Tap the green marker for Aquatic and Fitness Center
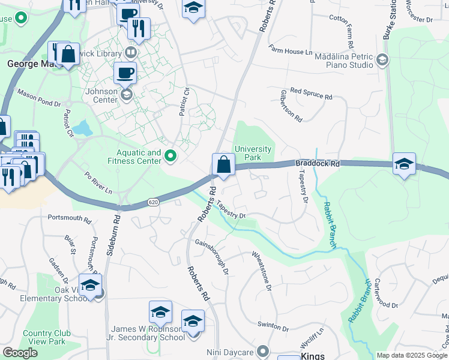[x=170, y=157]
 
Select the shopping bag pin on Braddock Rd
[x=223, y=164]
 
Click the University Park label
[x=253, y=154]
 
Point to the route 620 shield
[x=153, y=203]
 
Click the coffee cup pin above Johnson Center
[x=125, y=73]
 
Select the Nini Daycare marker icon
[x=263, y=350]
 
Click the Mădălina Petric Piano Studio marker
[x=382, y=59]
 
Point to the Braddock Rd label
[x=317, y=163]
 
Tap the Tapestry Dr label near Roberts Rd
[x=231, y=211]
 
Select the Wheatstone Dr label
[x=262, y=271]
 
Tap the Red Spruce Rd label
[x=311, y=93]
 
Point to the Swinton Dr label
[x=273, y=328]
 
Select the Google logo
[x=20, y=353]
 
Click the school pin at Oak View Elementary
[x=90, y=286]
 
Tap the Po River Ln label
[x=98, y=184]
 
